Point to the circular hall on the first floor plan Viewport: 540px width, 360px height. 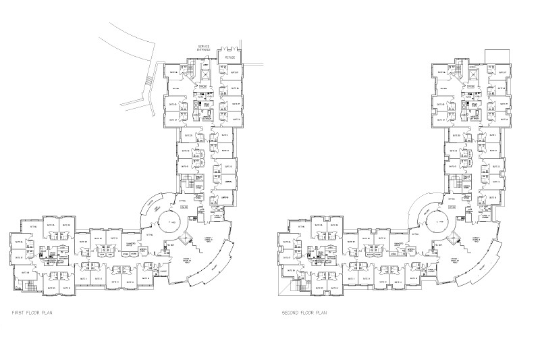pos(173,221)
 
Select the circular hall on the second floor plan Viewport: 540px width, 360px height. pos(441,221)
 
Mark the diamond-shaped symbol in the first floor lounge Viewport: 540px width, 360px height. pos(188,240)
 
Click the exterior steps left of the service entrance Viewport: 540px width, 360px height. pos(153,82)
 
